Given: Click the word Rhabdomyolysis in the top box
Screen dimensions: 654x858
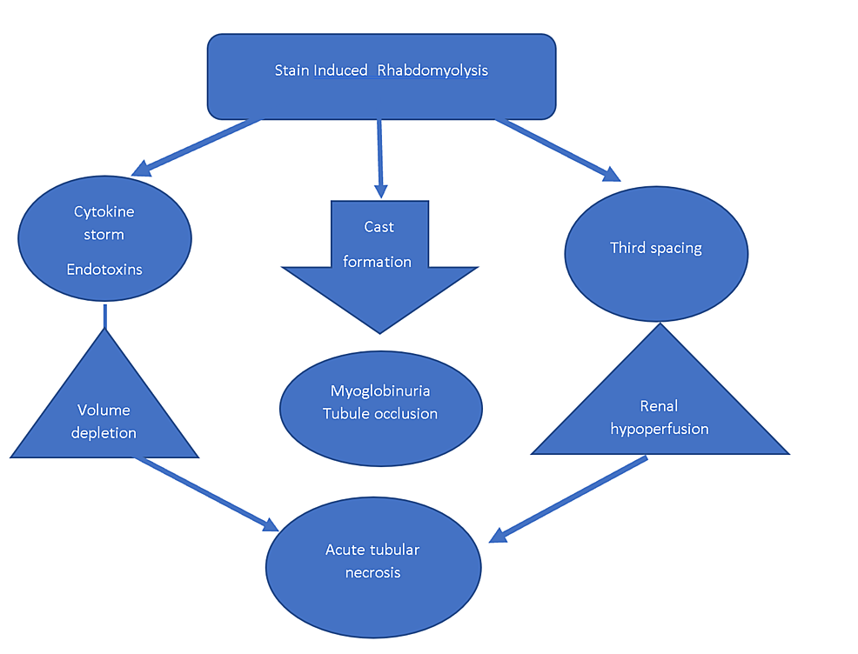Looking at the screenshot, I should [x=432, y=70].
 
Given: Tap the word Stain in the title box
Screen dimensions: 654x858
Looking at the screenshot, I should [x=292, y=70].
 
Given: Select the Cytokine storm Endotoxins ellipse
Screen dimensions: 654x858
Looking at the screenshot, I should [x=104, y=239].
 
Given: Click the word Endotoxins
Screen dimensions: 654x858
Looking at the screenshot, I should [x=104, y=270].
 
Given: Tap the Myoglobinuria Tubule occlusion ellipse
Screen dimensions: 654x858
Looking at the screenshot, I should [x=380, y=409].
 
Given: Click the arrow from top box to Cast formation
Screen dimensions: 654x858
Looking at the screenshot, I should [x=379, y=157].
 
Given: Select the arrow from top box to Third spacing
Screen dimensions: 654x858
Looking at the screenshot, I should [x=557, y=148].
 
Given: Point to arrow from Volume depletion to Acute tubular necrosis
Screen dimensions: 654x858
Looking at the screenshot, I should [x=204, y=491].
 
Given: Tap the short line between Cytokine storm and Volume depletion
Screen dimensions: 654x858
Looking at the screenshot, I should [x=104, y=317].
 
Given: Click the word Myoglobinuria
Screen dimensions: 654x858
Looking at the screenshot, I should [x=380, y=390].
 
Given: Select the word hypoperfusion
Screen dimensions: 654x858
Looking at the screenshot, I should [x=660, y=428].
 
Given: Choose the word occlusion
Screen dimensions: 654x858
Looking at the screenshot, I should [x=406, y=413].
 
